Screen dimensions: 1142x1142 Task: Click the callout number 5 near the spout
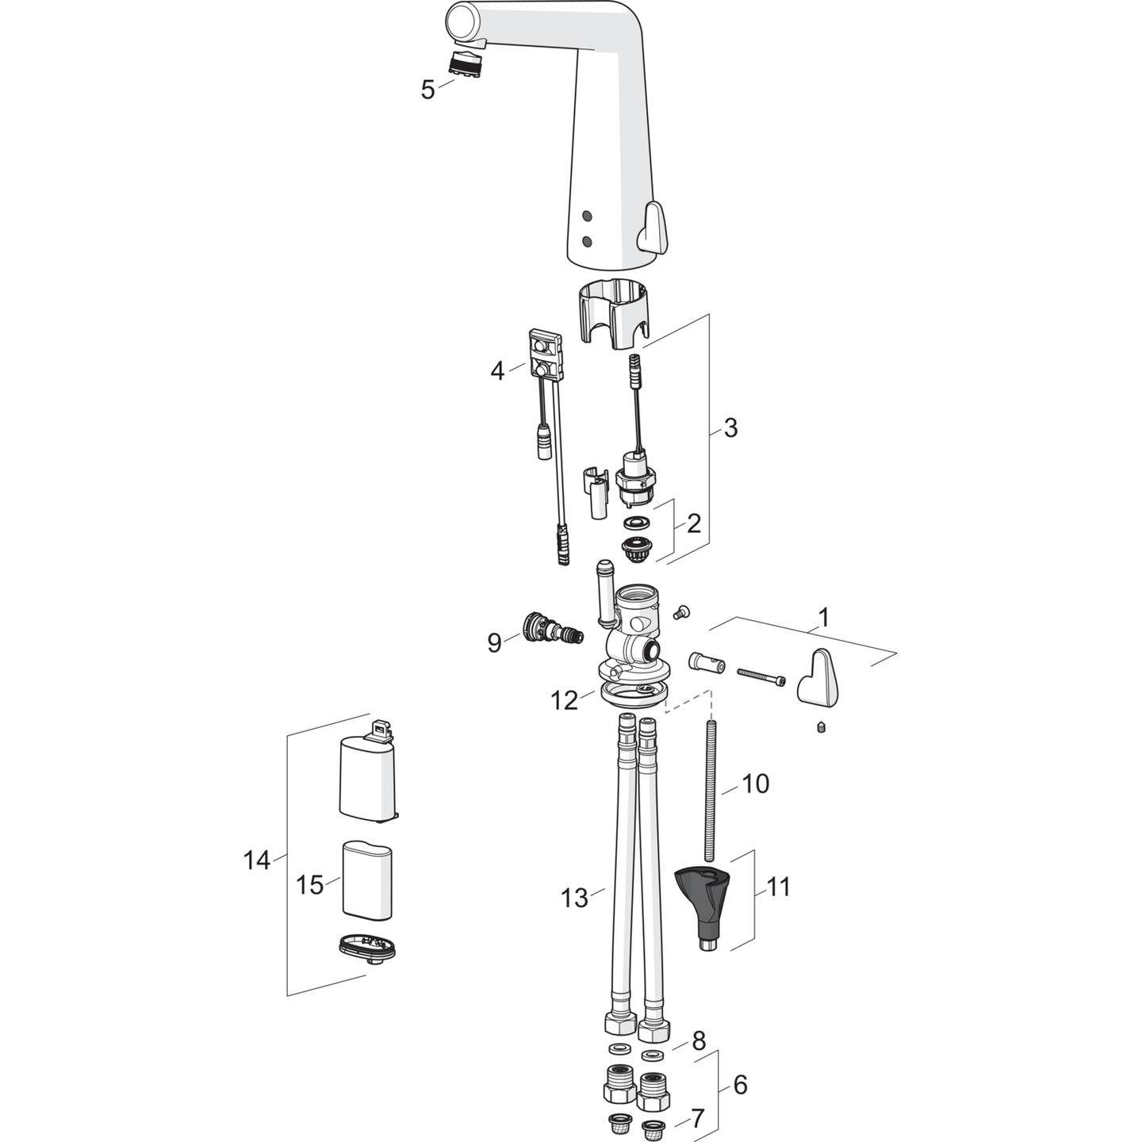pyautogui.click(x=427, y=90)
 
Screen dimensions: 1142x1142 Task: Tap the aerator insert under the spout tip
pyautogui.click(x=467, y=63)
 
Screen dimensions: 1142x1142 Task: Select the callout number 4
pyautogui.click(x=497, y=370)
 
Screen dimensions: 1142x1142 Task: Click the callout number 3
pyautogui.click(x=730, y=427)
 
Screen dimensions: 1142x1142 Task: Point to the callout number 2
pyautogui.click(x=694, y=523)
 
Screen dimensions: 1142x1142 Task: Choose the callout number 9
pyautogui.click(x=494, y=642)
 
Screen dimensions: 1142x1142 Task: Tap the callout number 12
pyautogui.click(x=565, y=700)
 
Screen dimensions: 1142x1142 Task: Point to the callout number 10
pyautogui.click(x=755, y=784)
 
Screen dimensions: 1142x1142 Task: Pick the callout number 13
pyautogui.click(x=574, y=898)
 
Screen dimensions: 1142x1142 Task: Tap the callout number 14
pyautogui.click(x=257, y=860)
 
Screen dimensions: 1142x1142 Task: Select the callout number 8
pyautogui.click(x=699, y=1041)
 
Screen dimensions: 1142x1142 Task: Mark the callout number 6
pyautogui.click(x=740, y=1084)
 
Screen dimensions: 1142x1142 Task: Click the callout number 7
pyautogui.click(x=697, y=1119)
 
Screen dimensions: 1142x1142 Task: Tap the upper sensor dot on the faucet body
pyautogui.click(x=587, y=216)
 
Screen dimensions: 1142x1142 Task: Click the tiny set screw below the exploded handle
pyautogui.click(x=821, y=727)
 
